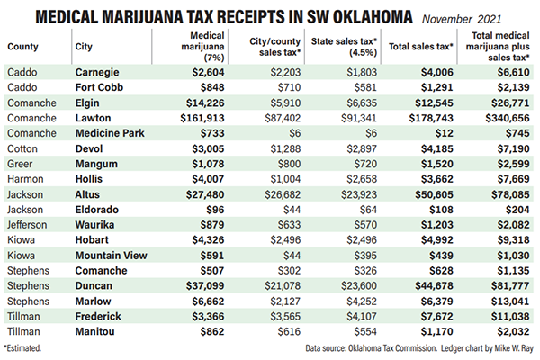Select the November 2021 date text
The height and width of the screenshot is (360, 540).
click(x=462, y=19)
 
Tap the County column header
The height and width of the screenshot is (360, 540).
click(x=22, y=47)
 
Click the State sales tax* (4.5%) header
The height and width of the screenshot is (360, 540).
click(x=344, y=47)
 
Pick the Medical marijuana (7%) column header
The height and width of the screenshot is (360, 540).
click(x=203, y=47)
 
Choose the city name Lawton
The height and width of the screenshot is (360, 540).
click(x=93, y=118)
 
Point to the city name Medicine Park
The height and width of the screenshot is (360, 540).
click(x=110, y=133)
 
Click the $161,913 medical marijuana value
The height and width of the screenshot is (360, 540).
click(x=202, y=118)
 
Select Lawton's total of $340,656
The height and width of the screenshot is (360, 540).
click(x=508, y=118)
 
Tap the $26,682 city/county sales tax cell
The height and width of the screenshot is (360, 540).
click(x=283, y=194)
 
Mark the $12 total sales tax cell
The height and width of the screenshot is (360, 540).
click(x=444, y=133)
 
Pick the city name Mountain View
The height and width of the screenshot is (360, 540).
click(x=112, y=256)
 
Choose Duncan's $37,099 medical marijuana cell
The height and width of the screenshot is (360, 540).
click(x=205, y=285)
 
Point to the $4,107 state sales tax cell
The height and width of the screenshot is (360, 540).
click(x=362, y=316)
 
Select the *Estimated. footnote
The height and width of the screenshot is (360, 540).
click(x=22, y=348)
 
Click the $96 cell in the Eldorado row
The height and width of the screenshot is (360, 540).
click(x=215, y=210)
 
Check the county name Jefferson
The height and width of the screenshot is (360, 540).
click(x=27, y=225)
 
